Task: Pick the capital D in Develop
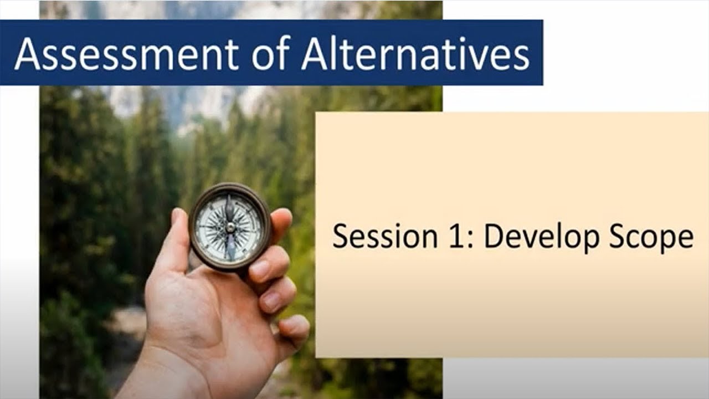pos(495,237)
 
